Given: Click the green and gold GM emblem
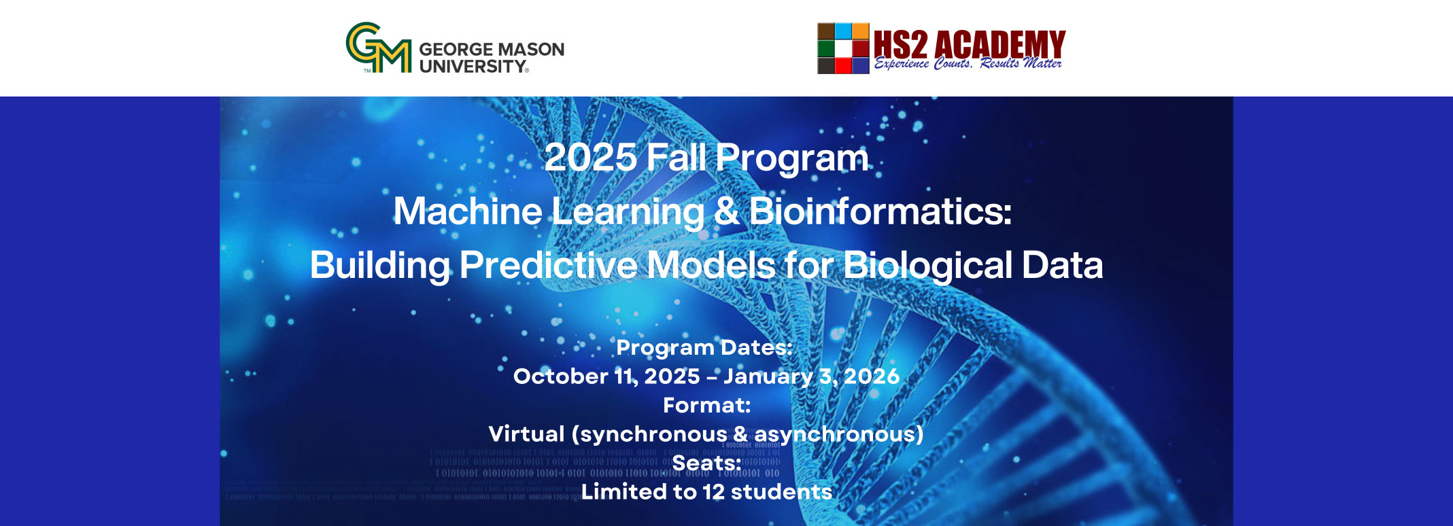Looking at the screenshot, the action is click(x=379, y=48).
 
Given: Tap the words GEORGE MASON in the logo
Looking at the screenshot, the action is click(x=492, y=50).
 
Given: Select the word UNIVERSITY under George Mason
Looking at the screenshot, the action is click(x=473, y=67).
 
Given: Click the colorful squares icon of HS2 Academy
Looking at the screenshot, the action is click(x=843, y=48).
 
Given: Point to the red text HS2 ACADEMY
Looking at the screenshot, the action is click(x=970, y=44).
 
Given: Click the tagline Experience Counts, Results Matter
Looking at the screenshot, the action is click(x=968, y=64).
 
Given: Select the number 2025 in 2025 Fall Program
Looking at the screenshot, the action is click(x=590, y=158).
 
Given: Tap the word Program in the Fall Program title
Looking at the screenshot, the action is click(x=792, y=159).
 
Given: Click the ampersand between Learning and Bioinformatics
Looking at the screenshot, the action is click(x=727, y=211).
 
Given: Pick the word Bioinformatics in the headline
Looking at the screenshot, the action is click(x=881, y=211).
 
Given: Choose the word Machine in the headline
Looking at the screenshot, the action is click(x=468, y=211).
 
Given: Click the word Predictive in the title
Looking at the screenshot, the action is click(x=548, y=264).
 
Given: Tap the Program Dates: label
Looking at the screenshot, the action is click(x=704, y=347).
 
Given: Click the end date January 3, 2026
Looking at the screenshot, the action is click(x=811, y=376).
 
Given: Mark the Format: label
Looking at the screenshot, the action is click(x=707, y=405).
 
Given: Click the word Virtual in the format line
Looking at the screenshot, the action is click(x=526, y=434).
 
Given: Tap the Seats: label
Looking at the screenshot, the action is click(x=706, y=463).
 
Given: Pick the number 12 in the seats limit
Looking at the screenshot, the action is click(x=714, y=491).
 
